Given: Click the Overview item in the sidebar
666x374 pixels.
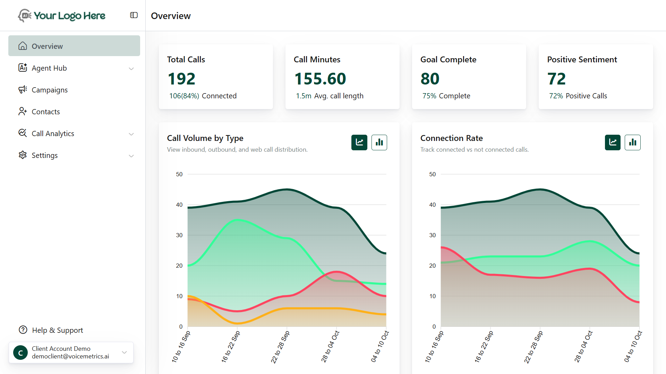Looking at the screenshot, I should (47, 46).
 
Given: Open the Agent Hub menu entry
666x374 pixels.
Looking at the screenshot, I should (49, 68).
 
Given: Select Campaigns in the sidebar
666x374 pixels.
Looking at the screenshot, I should (50, 90).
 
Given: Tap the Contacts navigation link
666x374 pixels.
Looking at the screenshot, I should (46, 112).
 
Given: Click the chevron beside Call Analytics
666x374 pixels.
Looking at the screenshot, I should (131, 134).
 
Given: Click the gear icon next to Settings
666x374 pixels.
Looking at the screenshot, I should (23, 155).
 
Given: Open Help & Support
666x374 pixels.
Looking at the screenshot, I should (57, 330).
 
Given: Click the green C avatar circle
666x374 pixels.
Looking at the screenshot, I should (20, 353).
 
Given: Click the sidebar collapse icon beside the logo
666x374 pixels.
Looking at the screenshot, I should (134, 15).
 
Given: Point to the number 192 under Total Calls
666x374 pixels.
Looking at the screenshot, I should (181, 79).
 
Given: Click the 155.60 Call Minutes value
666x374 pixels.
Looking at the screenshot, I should (320, 79).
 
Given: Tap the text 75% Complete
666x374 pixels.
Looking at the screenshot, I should (446, 96).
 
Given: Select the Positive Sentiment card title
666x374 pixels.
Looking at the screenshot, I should (582, 60).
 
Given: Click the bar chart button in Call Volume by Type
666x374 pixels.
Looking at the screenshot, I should (379, 142).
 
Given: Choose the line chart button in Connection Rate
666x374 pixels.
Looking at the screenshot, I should (613, 142).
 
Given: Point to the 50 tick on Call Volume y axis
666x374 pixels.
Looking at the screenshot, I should (179, 174).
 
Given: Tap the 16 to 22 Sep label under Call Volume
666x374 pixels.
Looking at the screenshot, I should (230, 347).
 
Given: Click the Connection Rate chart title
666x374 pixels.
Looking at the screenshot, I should (451, 138).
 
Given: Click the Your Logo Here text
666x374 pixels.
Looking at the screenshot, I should (69, 16).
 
